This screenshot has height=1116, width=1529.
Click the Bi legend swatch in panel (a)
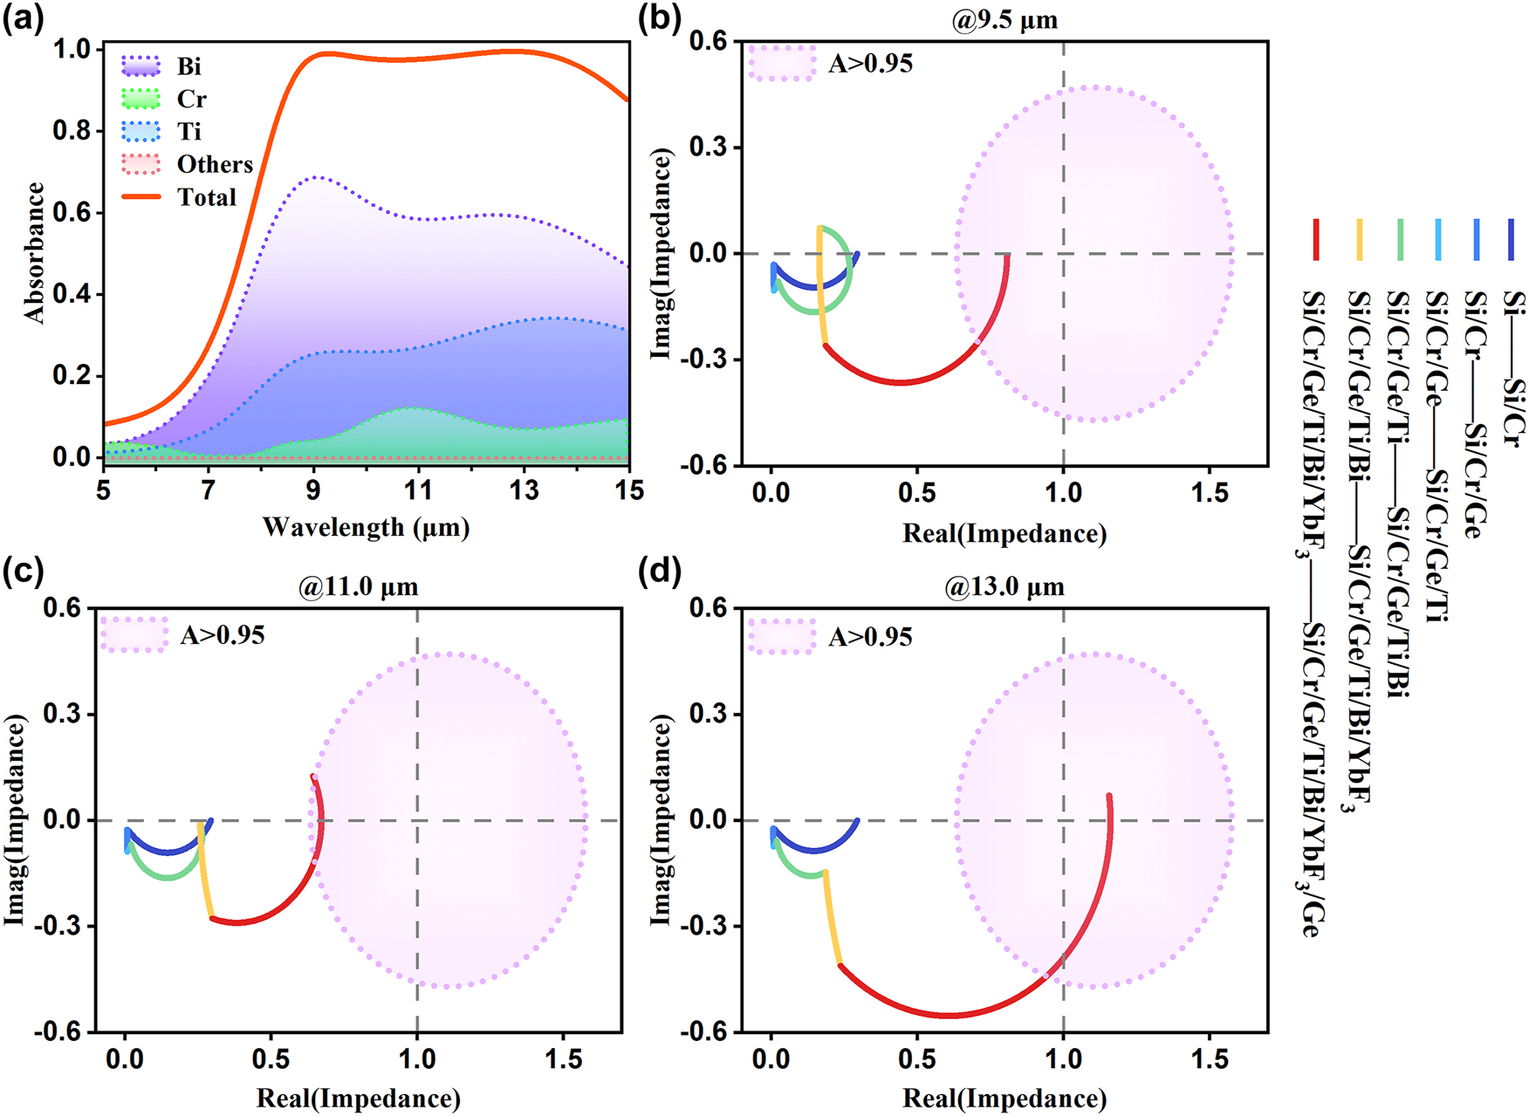click(x=141, y=66)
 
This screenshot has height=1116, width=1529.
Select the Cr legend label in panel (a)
click(x=191, y=99)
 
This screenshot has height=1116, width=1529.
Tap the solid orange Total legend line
click(x=141, y=197)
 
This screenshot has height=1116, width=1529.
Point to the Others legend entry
click(x=214, y=164)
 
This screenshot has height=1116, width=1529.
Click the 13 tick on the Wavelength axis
click(x=524, y=490)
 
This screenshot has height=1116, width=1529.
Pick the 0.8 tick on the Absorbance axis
click(x=72, y=131)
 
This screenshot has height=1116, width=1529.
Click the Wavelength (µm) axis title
click(x=366, y=527)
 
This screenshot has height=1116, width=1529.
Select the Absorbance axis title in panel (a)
click(x=35, y=253)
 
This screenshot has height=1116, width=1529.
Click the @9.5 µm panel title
click(x=1004, y=19)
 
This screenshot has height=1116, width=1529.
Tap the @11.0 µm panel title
click(x=359, y=586)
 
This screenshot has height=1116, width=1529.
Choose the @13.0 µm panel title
click(x=1004, y=586)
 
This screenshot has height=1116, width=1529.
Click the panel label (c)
click(x=23, y=572)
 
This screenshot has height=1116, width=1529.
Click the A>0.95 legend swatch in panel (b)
click(x=782, y=64)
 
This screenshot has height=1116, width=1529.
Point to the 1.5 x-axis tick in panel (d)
click(x=1210, y=1058)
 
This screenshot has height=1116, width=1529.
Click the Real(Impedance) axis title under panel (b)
click(x=1004, y=533)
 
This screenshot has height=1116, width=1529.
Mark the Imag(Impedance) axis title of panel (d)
click(x=662, y=820)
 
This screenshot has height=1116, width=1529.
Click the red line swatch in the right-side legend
click(x=1316, y=240)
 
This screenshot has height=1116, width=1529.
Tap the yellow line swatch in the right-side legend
click(x=1359, y=240)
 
